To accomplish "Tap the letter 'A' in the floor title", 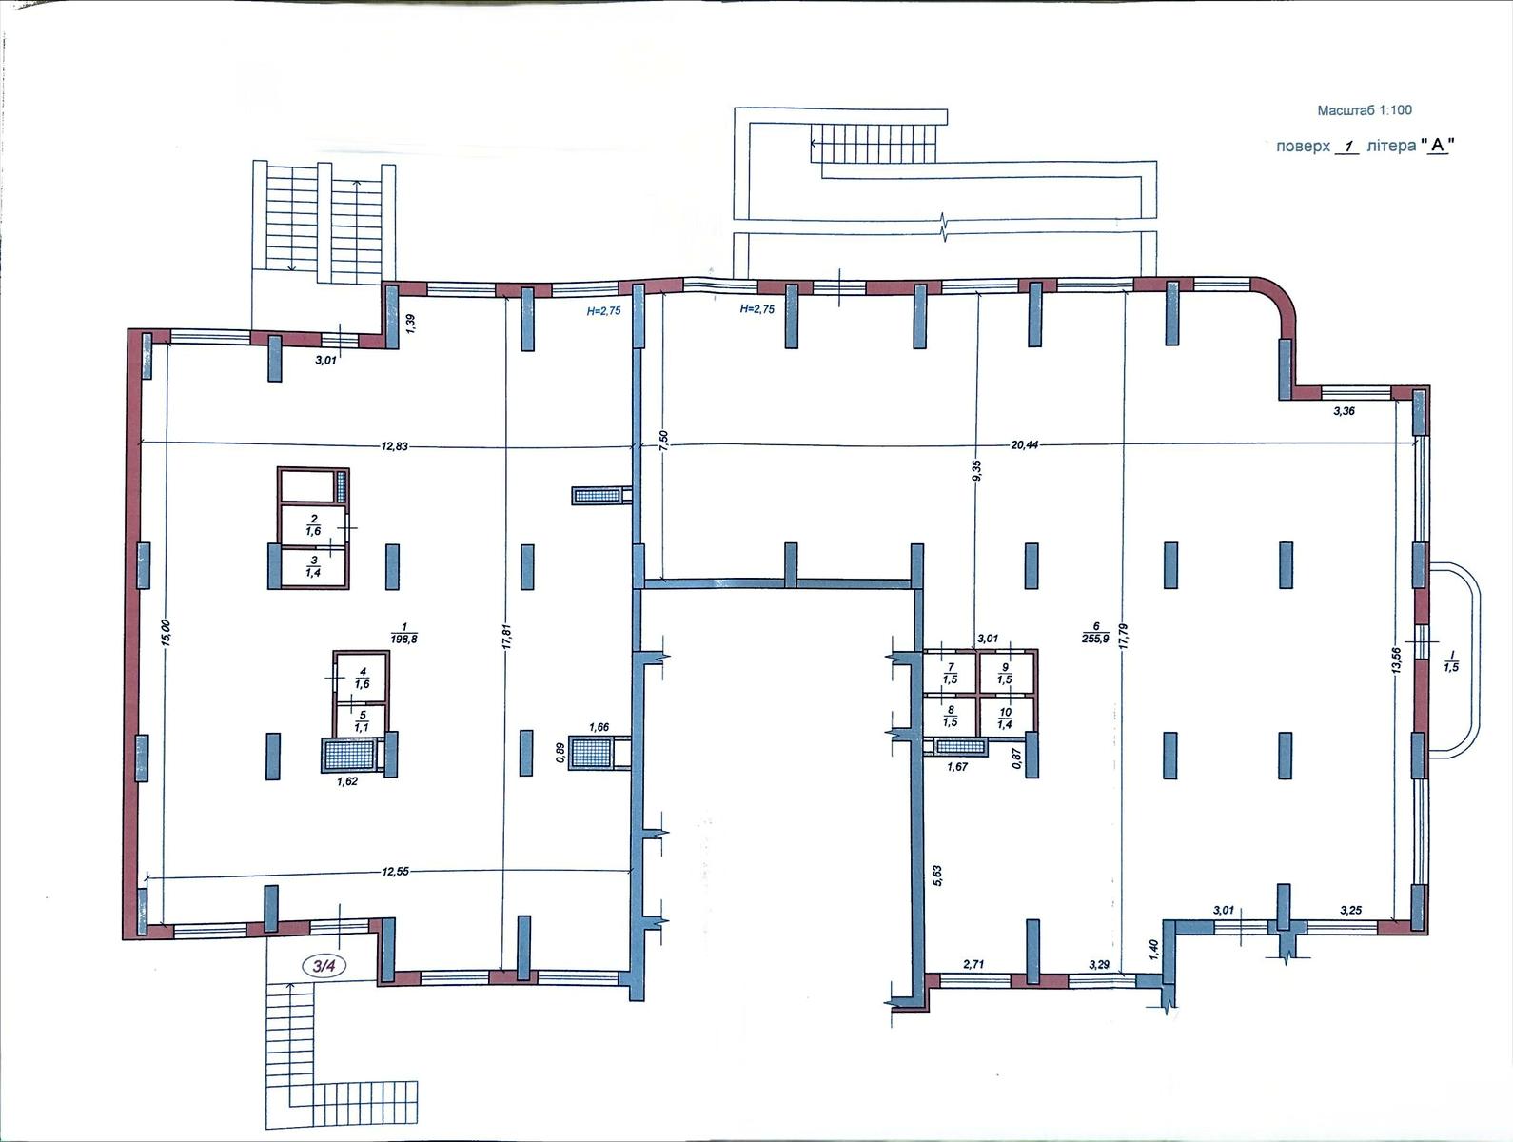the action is click(x=1437, y=146).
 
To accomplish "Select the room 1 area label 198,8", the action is click(x=403, y=639).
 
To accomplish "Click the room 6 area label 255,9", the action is click(x=1095, y=639).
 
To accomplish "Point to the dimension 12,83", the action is click(x=394, y=446).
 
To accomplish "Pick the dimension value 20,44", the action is click(x=1024, y=444).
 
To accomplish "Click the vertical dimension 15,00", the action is click(x=167, y=633).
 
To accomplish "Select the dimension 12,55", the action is click(x=395, y=871).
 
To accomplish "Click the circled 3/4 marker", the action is click(x=324, y=966).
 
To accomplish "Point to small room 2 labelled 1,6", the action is click(x=314, y=525).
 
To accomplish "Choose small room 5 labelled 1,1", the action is click(x=362, y=721).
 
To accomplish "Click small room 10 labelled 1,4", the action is click(x=1006, y=719).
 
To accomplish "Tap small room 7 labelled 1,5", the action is click(x=950, y=673).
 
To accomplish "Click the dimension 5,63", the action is click(x=936, y=876).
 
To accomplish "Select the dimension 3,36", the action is click(x=1345, y=411).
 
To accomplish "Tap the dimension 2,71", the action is click(x=974, y=965).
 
